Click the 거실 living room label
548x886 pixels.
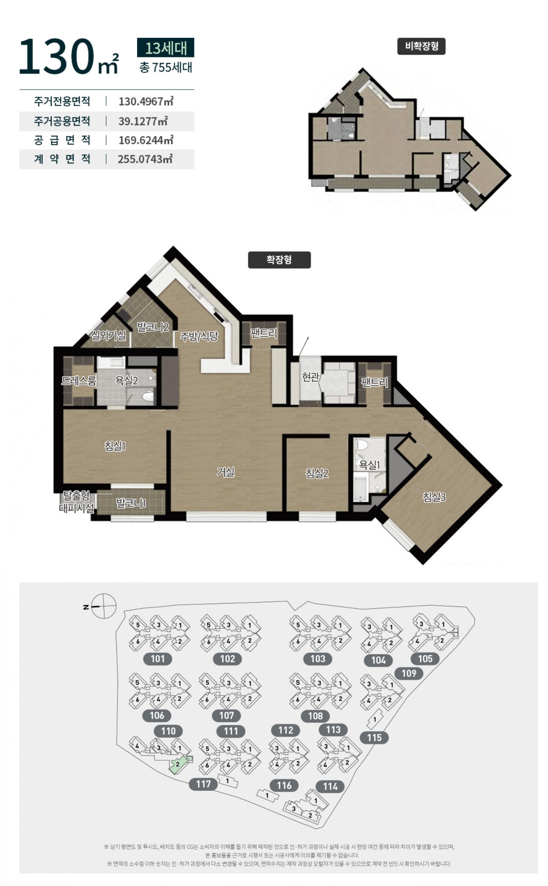[225, 472]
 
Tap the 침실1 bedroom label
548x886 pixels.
[115, 446]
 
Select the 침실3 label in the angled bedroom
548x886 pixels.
[434, 497]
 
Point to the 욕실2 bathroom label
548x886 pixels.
[126, 381]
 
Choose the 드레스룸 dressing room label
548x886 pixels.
[79, 381]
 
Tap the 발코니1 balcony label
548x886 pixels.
[131, 503]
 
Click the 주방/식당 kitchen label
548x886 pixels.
[199, 336]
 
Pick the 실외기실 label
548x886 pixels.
[108, 336]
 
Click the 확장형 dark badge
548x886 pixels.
[279, 260]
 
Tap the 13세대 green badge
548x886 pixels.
[166, 47]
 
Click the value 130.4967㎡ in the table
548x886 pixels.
[146, 101]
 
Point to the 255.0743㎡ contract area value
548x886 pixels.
[145, 159]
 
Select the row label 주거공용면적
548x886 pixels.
[62, 121]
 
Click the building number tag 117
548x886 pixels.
[203, 784]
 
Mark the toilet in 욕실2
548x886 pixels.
[148, 396]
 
